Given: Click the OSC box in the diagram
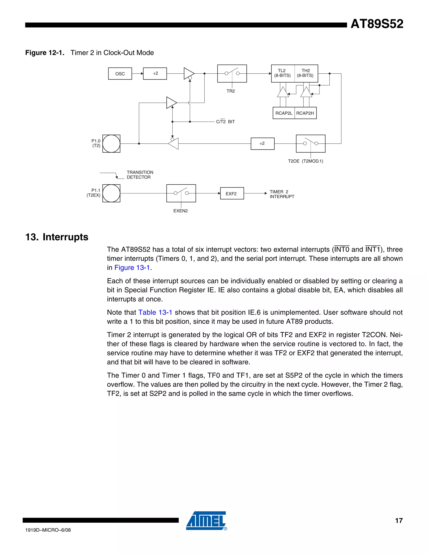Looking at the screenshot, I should point(120,74).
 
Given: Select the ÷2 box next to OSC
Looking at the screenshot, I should point(155,74).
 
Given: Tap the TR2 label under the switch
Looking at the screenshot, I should point(231,91).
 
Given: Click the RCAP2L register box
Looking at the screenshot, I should point(284,113).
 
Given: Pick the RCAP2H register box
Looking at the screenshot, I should point(305,113).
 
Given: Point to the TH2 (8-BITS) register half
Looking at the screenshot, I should point(306,73).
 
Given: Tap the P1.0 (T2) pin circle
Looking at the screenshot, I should point(111,144).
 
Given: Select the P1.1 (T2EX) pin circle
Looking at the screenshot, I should point(111,193).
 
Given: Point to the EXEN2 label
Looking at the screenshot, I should point(181,211).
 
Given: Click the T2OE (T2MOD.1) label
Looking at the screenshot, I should point(305,161).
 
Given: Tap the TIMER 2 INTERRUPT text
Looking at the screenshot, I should point(282,194).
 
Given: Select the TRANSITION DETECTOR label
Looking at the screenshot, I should point(140,175).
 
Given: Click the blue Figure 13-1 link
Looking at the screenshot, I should point(132,268).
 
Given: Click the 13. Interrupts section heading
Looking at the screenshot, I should point(57,237).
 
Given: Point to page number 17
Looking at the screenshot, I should point(399,521).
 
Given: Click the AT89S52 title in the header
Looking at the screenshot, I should point(377,24).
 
